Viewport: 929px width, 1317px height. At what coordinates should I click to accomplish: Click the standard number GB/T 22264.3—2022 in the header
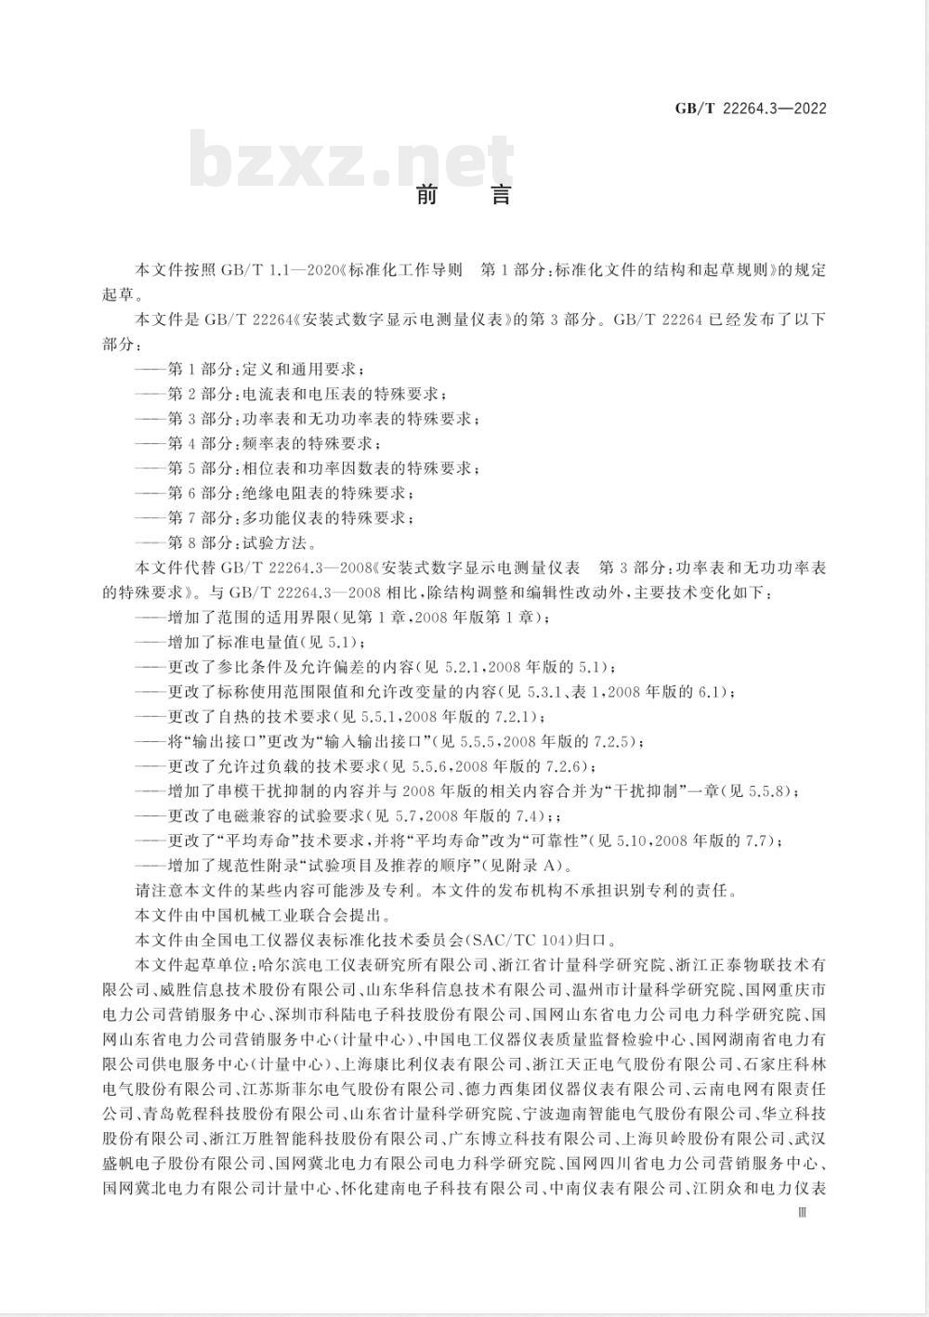click(x=751, y=109)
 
